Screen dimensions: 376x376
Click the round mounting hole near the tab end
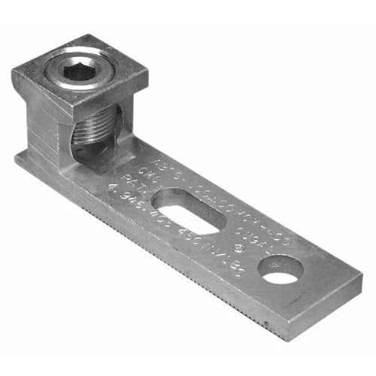coord(280,271)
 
